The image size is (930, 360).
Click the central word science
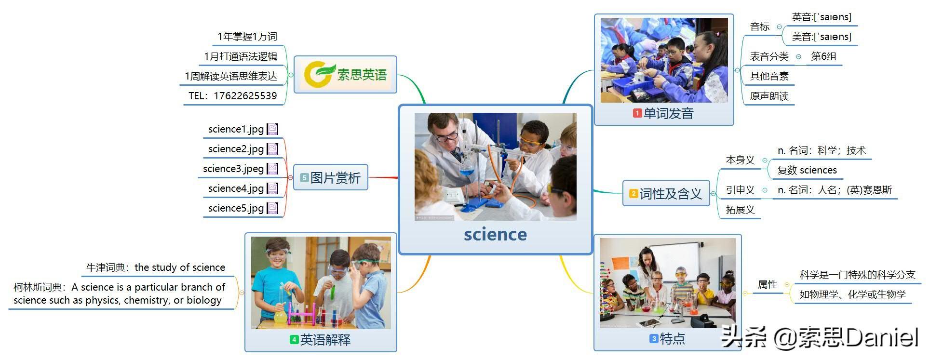(495, 234)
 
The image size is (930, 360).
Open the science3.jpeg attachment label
(233, 169)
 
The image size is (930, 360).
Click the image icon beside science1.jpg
(273, 129)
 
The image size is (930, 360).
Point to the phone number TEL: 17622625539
(233, 96)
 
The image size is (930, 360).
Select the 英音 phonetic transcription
(822, 17)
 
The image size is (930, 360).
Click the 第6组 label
(824, 56)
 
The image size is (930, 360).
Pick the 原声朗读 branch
(769, 96)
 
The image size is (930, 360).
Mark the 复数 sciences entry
(807, 170)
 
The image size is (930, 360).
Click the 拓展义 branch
(740, 210)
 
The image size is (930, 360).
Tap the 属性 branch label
(768, 284)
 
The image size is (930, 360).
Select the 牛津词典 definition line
(156, 267)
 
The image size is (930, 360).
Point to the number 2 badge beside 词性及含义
(634, 194)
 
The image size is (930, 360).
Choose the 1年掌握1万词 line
(247, 37)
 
